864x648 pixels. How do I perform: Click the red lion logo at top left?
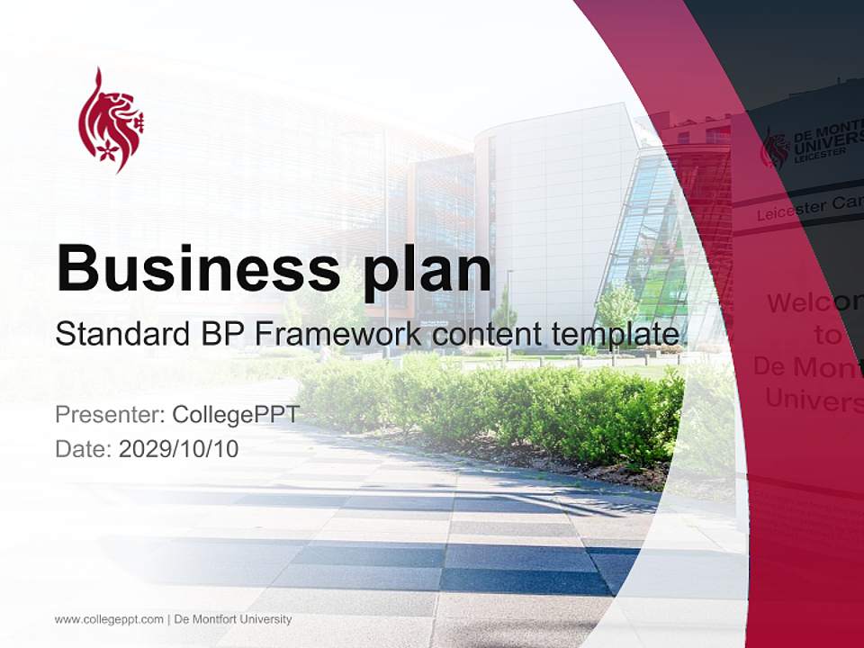pos(111,120)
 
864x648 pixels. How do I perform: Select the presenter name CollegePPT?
pos(236,415)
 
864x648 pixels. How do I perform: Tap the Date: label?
pos(84,448)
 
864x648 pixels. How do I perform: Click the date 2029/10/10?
pos(179,448)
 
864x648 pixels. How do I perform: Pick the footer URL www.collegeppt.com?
pos(108,619)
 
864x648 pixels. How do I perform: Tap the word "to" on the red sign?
pos(826,336)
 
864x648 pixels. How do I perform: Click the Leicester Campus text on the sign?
pos(806,208)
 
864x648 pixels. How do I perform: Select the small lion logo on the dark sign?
pos(774,149)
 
